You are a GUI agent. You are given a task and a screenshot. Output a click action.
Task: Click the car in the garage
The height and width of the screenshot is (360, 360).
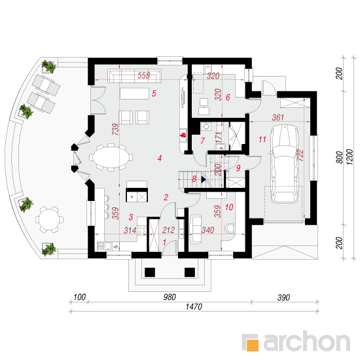pos(285,164)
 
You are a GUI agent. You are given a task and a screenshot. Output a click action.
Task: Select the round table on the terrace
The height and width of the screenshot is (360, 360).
pos(49,219)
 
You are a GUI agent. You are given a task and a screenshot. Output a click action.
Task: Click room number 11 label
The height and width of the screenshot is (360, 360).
pos(262,139)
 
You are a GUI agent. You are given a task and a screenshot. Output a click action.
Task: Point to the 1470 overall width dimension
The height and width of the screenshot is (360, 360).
pos(194,307)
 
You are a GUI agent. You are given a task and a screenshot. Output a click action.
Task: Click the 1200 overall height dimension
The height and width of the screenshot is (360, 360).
pos(350,157)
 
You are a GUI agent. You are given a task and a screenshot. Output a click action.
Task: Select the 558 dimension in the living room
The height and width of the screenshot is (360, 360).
pos(143,75)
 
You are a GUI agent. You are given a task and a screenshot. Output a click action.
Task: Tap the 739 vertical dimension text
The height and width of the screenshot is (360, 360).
pos(116,129)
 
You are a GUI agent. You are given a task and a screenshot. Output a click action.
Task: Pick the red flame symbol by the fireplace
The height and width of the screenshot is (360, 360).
pos(183,135)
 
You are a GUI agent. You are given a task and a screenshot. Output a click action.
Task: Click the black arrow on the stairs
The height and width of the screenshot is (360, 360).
pos(204,179)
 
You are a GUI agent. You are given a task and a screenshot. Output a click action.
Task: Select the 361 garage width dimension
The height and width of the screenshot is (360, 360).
pos(278,118)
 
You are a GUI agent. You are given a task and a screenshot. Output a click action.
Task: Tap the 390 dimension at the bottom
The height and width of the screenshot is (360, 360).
pos(284,298)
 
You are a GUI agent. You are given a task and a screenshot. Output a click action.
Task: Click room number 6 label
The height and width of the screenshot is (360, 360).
pos(228,98)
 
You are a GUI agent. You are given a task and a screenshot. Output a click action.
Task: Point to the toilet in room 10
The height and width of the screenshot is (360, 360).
pos(229,228)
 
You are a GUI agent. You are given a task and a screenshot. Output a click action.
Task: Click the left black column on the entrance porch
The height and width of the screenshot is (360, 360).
pos(150,272)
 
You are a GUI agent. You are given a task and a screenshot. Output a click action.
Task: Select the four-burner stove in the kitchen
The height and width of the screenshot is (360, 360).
pos(142,230)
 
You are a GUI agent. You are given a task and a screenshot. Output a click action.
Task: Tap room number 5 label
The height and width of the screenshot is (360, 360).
pos(154,94)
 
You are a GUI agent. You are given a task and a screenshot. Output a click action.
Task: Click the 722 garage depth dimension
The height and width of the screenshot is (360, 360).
pos(300,155)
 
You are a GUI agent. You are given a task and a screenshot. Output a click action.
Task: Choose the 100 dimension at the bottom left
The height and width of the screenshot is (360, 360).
pos(79,297)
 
